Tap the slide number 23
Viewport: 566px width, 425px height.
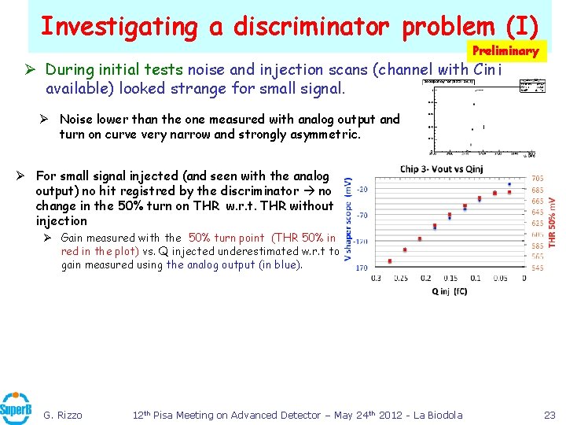click(x=549, y=415)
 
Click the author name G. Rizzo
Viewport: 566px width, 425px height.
click(x=62, y=415)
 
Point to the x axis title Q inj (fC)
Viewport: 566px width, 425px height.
click(x=450, y=291)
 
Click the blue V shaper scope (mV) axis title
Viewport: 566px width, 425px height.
click(x=348, y=223)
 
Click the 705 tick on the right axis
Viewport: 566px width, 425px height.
click(x=538, y=179)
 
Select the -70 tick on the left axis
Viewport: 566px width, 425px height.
click(x=363, y=214)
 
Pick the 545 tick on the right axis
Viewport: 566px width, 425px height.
click(x=538, y=268)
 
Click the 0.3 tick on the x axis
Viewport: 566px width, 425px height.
click(x=377, y=278)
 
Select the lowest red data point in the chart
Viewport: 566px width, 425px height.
click(x=390, y=261)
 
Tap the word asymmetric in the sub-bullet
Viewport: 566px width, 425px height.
click(x=323, y=135)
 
